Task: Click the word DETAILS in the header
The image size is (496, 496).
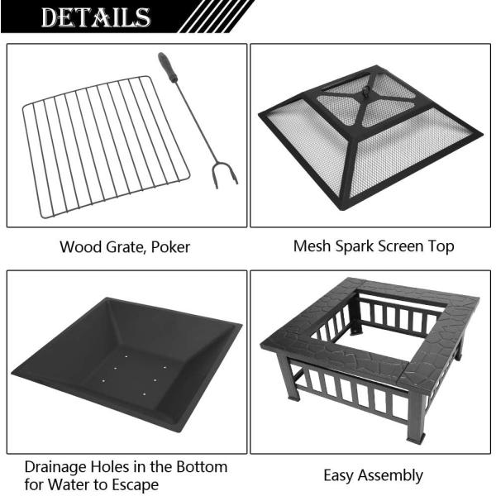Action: (x=97, y=17)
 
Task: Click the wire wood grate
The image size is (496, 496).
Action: (x=103, y=145)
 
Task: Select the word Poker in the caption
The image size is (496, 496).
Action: (x=170, y=246)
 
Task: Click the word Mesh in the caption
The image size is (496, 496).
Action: (x=311, y=246)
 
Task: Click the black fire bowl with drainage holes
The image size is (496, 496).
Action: (x=124, y=364)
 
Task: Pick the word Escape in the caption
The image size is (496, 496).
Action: (x=136, y=484)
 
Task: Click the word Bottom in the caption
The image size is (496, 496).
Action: (x=197, y=467)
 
